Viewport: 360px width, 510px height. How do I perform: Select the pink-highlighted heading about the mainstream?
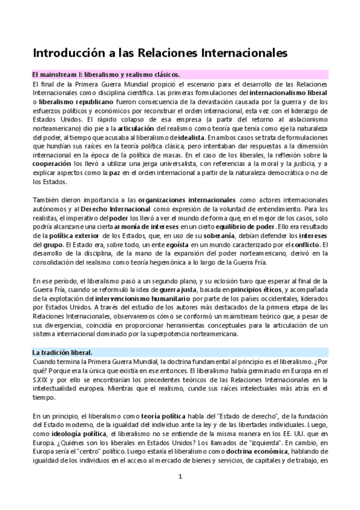(x=106, y=75)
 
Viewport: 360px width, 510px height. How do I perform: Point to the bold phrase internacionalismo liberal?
(x=288, y=94)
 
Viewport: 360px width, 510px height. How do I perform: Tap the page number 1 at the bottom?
(x=180, y=478)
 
